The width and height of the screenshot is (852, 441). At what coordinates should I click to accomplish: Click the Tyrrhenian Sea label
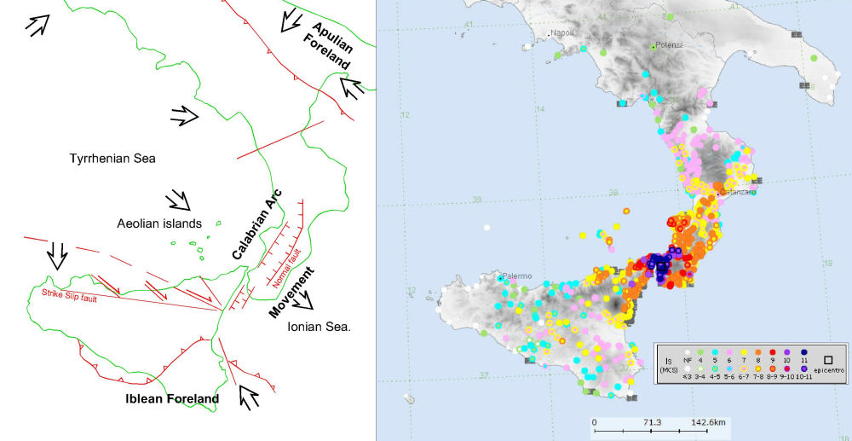pyautogui.click(x=112, y=158)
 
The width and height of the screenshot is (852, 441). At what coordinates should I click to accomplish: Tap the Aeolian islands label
pyautogui.click(x=159, y=223)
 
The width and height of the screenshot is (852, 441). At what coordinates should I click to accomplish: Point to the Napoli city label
pyautogui.click(x=564, y=33)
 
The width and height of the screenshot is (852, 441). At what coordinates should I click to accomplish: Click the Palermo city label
pyautogui.click(x=518, y=276)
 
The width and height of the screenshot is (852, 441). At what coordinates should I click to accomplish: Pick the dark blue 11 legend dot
pyautogui.click(x=801, y=351)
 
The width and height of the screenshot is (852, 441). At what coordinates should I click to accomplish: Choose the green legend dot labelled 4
pyautogui.click(x=699, y=351)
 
